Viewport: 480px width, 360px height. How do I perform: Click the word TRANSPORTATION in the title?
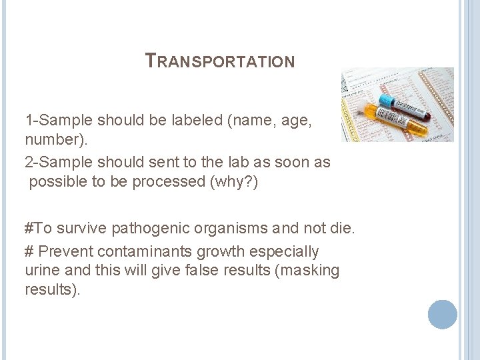click(220, 61)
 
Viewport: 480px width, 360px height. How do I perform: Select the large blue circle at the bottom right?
click(442, 314)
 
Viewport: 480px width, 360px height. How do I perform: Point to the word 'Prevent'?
click(65, 252)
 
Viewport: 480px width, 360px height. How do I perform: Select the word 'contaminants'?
click(150, 252)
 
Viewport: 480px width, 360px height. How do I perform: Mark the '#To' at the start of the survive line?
click(38, 229)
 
